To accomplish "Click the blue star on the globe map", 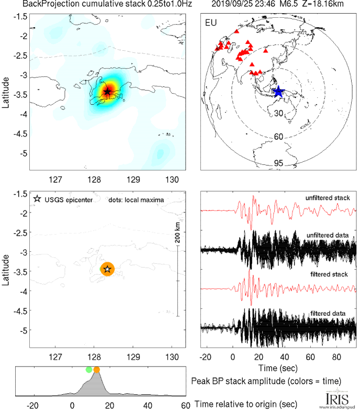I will click(x=278, y=92).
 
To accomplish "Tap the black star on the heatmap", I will click(x=107, y=92).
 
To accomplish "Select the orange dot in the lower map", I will click(x=107, y=269).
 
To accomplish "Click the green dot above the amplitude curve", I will click(x=89, y=370).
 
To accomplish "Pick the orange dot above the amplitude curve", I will click(x=96, y=370).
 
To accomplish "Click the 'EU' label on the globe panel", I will click(x=211, y=23).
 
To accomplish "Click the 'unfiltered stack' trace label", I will click(x=328, y=197).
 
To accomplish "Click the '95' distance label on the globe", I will click(x=279, y=163).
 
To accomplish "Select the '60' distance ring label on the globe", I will click(x=279, y=137).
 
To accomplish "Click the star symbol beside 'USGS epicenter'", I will click(x=37, y=199).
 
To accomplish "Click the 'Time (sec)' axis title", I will click(x=278, y=368).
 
